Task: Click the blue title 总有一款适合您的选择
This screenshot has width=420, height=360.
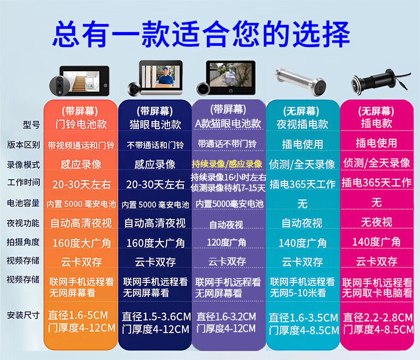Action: pos(201,34)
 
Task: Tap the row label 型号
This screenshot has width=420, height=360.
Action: pos(31,124)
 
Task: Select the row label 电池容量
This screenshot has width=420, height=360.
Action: pos(23,203)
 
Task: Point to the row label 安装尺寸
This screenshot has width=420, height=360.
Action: pos(23,315)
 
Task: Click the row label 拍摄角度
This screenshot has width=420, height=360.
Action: pos(23,242)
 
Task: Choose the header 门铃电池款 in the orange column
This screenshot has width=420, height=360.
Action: pos(81,124)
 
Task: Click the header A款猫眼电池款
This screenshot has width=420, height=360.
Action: pos(228,123)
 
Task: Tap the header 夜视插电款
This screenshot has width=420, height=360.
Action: pos(303,124)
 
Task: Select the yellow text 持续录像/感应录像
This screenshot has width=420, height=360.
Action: pos(227,164)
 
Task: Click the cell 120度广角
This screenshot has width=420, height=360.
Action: pos(226,242)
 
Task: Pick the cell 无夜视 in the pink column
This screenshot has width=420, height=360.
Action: pos(376,222)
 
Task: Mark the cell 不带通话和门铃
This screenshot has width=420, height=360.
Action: pos(155,145)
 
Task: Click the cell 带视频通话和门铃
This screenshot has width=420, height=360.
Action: pos(81,146)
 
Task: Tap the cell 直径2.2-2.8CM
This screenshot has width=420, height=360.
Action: pos(378,317)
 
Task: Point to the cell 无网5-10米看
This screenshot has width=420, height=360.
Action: pos(298,293)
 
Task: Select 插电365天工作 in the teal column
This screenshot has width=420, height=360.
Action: pos(303,184)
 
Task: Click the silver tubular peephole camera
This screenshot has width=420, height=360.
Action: pos(300,81)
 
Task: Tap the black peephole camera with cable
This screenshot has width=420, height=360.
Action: pos(380,81)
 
